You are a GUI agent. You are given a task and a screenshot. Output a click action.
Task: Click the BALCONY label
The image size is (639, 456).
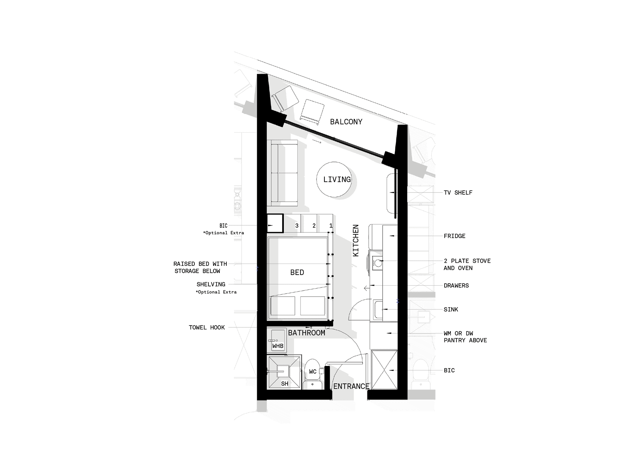click(x=346, y=122)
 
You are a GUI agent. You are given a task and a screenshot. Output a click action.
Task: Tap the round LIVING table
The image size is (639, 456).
click(x=334, y=180)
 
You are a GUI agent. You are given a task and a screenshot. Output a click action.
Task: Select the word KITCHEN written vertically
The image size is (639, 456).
click(x=355, y=240)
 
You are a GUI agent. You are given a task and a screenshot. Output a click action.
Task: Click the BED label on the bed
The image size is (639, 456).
click(x=297, y=272)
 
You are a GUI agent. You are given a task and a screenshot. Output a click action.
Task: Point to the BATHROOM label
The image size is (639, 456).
click(x=307, y=333)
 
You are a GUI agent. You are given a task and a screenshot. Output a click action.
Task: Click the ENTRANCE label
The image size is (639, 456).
click(x=351, y=386)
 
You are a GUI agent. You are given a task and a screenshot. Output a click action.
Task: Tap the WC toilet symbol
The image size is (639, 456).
click(x=313, y=374)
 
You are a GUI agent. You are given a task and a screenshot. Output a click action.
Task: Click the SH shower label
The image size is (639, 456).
click(x=285, y=384)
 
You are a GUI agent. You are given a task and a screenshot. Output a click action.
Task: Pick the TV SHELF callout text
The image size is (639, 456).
click(x=458, y=192)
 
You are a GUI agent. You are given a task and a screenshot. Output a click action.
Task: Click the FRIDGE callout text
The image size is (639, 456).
click(x=455, y=236)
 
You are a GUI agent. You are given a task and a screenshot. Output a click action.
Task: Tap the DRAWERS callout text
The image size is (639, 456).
click(x=456, y=286)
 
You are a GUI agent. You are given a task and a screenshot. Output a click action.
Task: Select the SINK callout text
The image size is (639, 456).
click(x=451, y=310)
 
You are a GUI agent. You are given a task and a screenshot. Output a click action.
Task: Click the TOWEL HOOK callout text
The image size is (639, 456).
click(x=207, y=327)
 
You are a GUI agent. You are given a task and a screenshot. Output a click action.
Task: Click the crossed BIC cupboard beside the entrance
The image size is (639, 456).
click(x=384, y=370)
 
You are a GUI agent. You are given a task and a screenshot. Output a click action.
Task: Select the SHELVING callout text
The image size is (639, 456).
click(x=211, y=284)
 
